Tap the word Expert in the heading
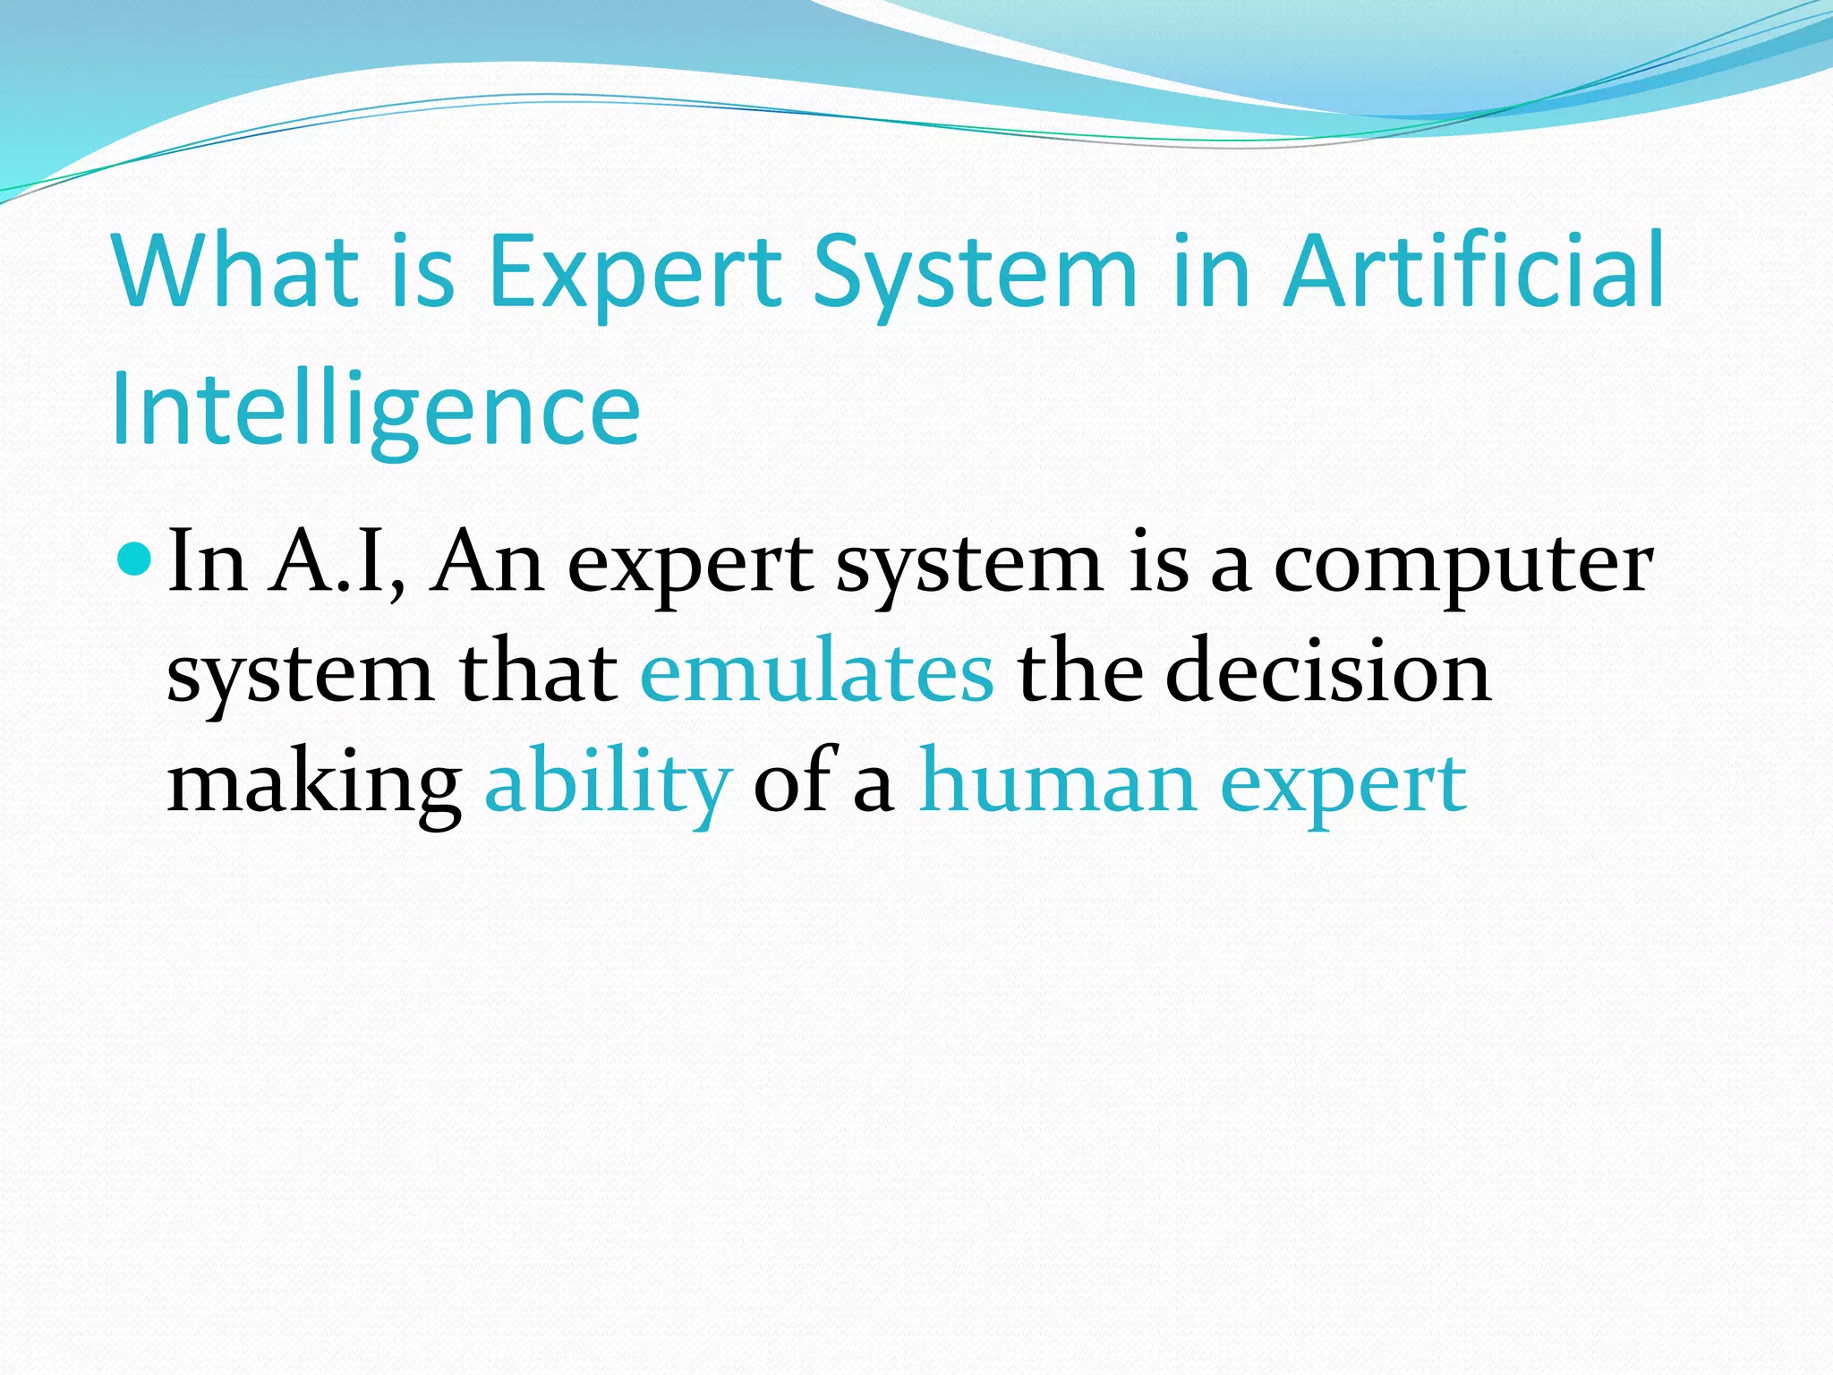(x=635, y=270)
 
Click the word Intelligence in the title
(x=376, y=411)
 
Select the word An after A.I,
(x=486, y=561)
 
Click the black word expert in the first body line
(x=690, y=566)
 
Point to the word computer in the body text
(x=1462, y=566)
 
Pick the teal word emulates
(x=816, y=671)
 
